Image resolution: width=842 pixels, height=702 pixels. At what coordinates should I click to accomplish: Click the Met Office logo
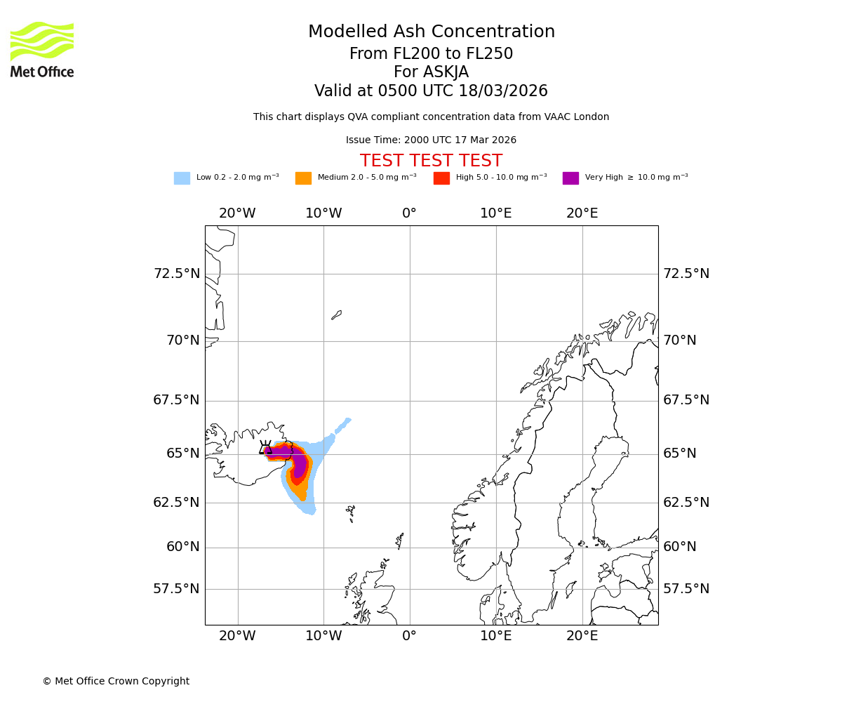coord(42,49)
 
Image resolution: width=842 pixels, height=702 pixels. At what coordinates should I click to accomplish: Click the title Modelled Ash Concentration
coord(431,32)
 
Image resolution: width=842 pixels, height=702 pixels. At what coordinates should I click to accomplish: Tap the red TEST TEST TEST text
coord(431,161)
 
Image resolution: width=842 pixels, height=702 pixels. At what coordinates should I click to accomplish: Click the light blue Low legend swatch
coord(182,178)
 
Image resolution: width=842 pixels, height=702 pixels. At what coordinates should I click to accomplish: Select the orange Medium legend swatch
coord(303,178)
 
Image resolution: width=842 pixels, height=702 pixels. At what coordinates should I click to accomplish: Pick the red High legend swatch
coord(441,178)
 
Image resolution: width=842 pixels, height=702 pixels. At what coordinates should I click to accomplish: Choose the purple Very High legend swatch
coord(570,178)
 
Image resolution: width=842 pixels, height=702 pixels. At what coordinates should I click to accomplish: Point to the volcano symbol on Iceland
coord(265,448)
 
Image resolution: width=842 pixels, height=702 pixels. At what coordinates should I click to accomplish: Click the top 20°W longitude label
coord(237,213)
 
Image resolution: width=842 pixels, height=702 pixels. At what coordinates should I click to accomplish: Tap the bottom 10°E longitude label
coord(496,636)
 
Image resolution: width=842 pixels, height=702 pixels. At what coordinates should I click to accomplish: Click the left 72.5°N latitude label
coord(176,274)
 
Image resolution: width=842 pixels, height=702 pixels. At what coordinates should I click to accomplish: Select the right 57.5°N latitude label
coord(686,589)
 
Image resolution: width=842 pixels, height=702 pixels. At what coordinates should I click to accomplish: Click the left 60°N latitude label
coord(182,547)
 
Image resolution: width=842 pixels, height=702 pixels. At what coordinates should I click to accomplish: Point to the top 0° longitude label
coord(410,213)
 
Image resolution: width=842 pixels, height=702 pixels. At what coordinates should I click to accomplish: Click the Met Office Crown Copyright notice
coord(116,682)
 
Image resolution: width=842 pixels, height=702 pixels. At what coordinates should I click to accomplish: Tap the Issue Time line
coord(431,140)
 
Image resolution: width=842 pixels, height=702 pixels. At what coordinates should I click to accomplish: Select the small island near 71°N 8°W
coord(337,315)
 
